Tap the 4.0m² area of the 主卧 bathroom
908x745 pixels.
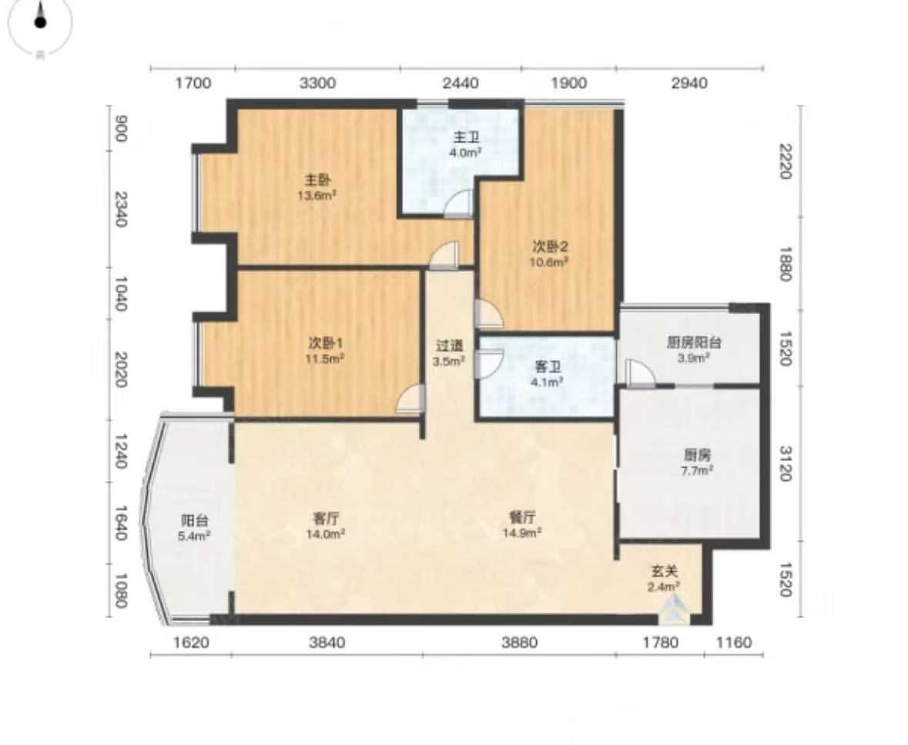pyautogui.click(x=466, y=153)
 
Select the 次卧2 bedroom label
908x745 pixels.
pyautogui.click(x=550, y=246)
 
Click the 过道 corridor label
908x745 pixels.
pyautogui.click(x=449, y=346)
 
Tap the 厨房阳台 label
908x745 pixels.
pyautogui.click(x=694, y=342)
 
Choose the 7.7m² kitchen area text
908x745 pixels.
pyautogui.click(x=697, y=470)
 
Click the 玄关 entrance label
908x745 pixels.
pyautogui.click(x=664, y=571)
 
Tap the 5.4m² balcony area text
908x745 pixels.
pyautogui.click(x=194, y=536)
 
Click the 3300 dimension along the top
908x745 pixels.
pyautogui.click(x=317, y=83)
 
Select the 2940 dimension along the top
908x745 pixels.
pyautogui.click(x=689, y=83)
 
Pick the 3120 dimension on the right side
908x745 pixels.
pyautogui.click(x=786, y=463)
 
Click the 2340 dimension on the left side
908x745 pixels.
pyautogui.click(x=120, y=209)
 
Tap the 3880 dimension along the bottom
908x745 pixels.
pyautogui.click(x=519, y=642)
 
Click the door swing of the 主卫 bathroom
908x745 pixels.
pyautogui.click(x=459, y=204)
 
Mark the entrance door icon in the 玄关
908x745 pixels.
pyautogui.click(x=674, y=611)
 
